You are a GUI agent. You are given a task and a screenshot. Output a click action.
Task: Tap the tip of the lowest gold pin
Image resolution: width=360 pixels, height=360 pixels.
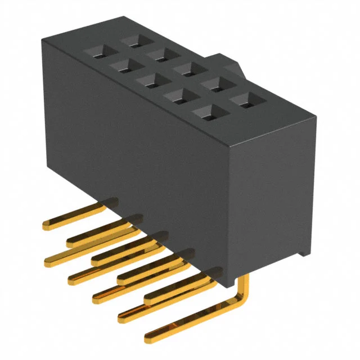tap(149, 338)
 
